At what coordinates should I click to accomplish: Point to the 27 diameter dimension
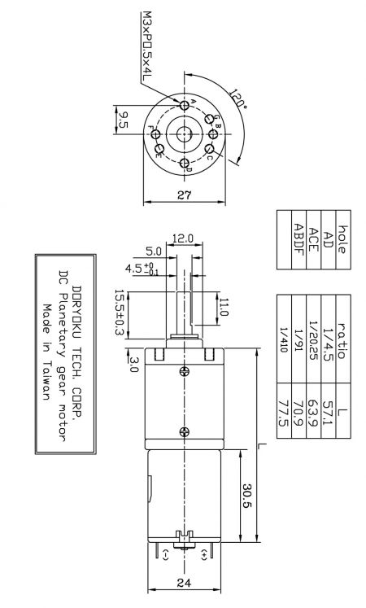point(185,195)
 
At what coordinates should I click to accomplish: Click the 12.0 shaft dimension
point(182,238)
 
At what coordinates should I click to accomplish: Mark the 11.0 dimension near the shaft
point(224,308)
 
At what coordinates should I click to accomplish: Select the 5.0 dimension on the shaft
point(155,251)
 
